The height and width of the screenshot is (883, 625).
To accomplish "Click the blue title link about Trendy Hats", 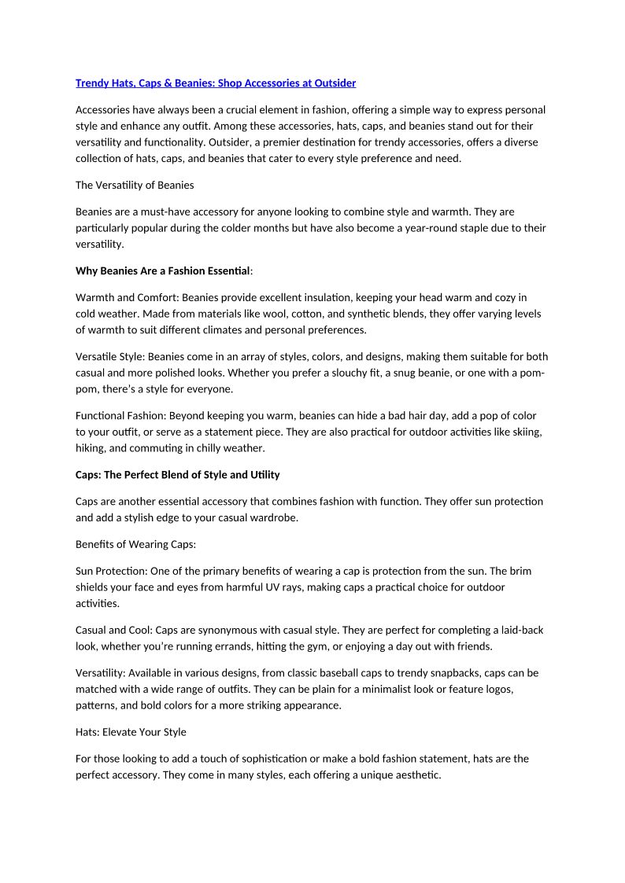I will pos(215,83).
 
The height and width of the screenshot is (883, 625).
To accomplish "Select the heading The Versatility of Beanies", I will pos(135,186).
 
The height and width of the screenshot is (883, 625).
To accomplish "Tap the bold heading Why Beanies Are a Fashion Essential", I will pos(162,271).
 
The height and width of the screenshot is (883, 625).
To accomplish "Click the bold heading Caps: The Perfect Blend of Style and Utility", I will pos(177,475).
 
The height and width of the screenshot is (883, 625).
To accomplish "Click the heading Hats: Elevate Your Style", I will pos(131,732).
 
